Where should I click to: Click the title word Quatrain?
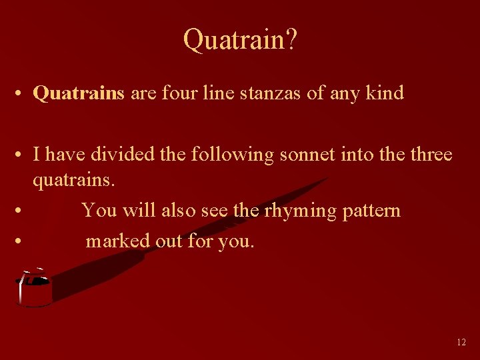click(x=240, y=40)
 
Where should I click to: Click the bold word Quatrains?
click(x=79, y=93)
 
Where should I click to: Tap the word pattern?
click(x=372, y=211)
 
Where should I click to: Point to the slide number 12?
click(x=461, y=342)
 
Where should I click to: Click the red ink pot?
click(x=34, y=291)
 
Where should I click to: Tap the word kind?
click(x=385, y=93)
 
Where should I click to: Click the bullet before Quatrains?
click(x=22, y=93)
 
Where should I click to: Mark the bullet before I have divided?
click(x=22, y=155)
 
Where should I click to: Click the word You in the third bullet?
click(x=99, y=211)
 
